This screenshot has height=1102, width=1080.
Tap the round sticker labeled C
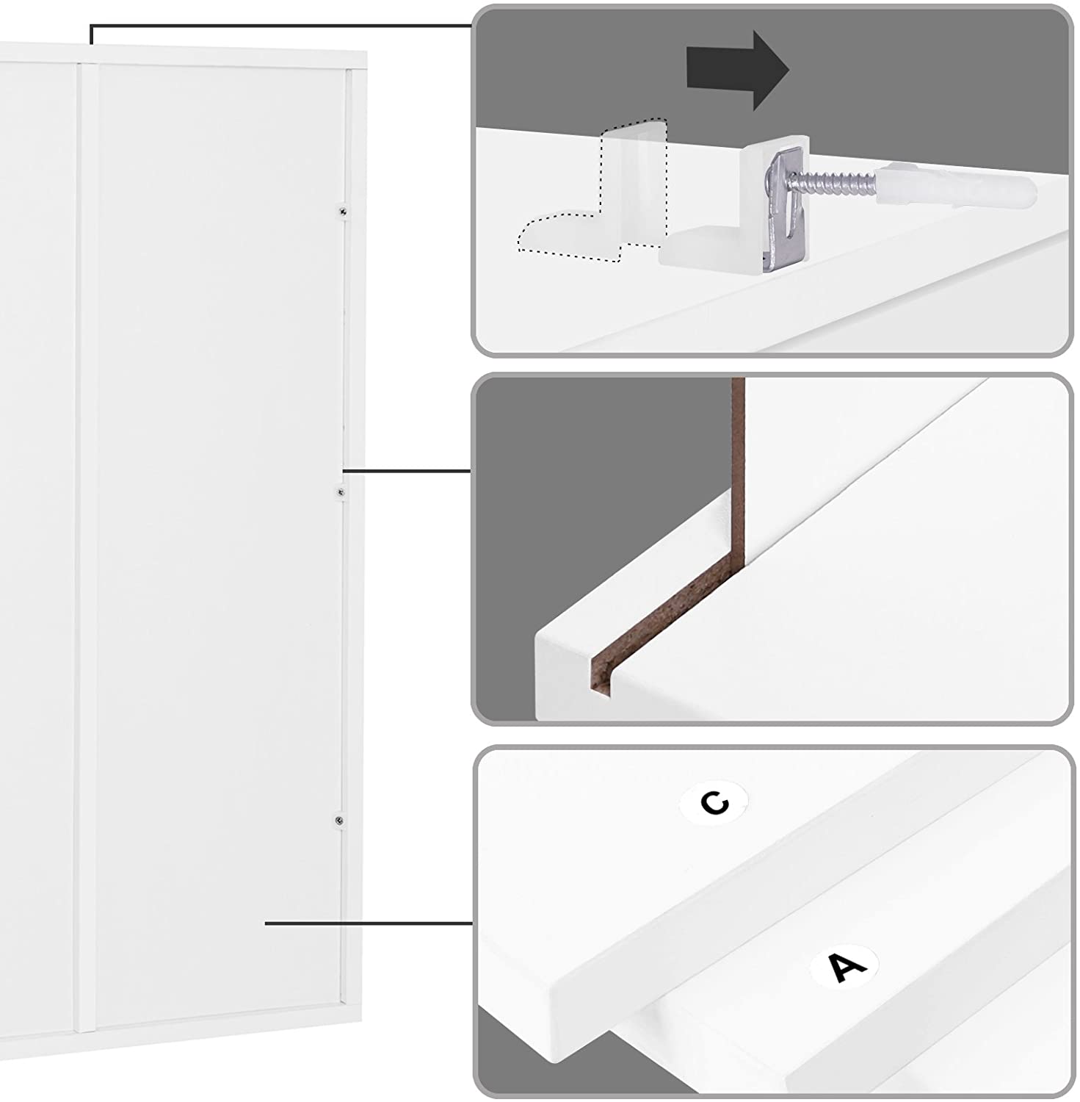click(714, 802)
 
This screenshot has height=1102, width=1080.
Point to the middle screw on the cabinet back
click(340, 491)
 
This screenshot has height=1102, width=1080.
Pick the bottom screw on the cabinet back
click(338, 820)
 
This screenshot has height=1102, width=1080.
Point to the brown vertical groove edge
click(739, 470)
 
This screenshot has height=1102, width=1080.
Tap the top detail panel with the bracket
click(772, 181)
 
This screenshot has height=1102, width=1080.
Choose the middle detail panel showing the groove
click(772, 549)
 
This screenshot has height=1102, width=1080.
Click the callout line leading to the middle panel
click(407, 470)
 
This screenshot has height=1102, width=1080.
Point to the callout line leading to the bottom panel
click(369, 923)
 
